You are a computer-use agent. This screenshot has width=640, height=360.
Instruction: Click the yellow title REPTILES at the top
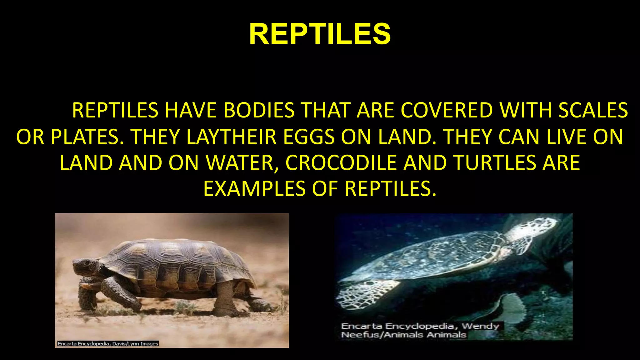pos(320,34)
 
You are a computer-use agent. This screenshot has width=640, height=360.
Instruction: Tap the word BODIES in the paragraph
pos(259,110)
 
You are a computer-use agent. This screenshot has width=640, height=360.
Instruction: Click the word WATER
pos(241,163)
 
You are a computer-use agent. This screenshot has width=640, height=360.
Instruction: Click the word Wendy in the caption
pos(480,326)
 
